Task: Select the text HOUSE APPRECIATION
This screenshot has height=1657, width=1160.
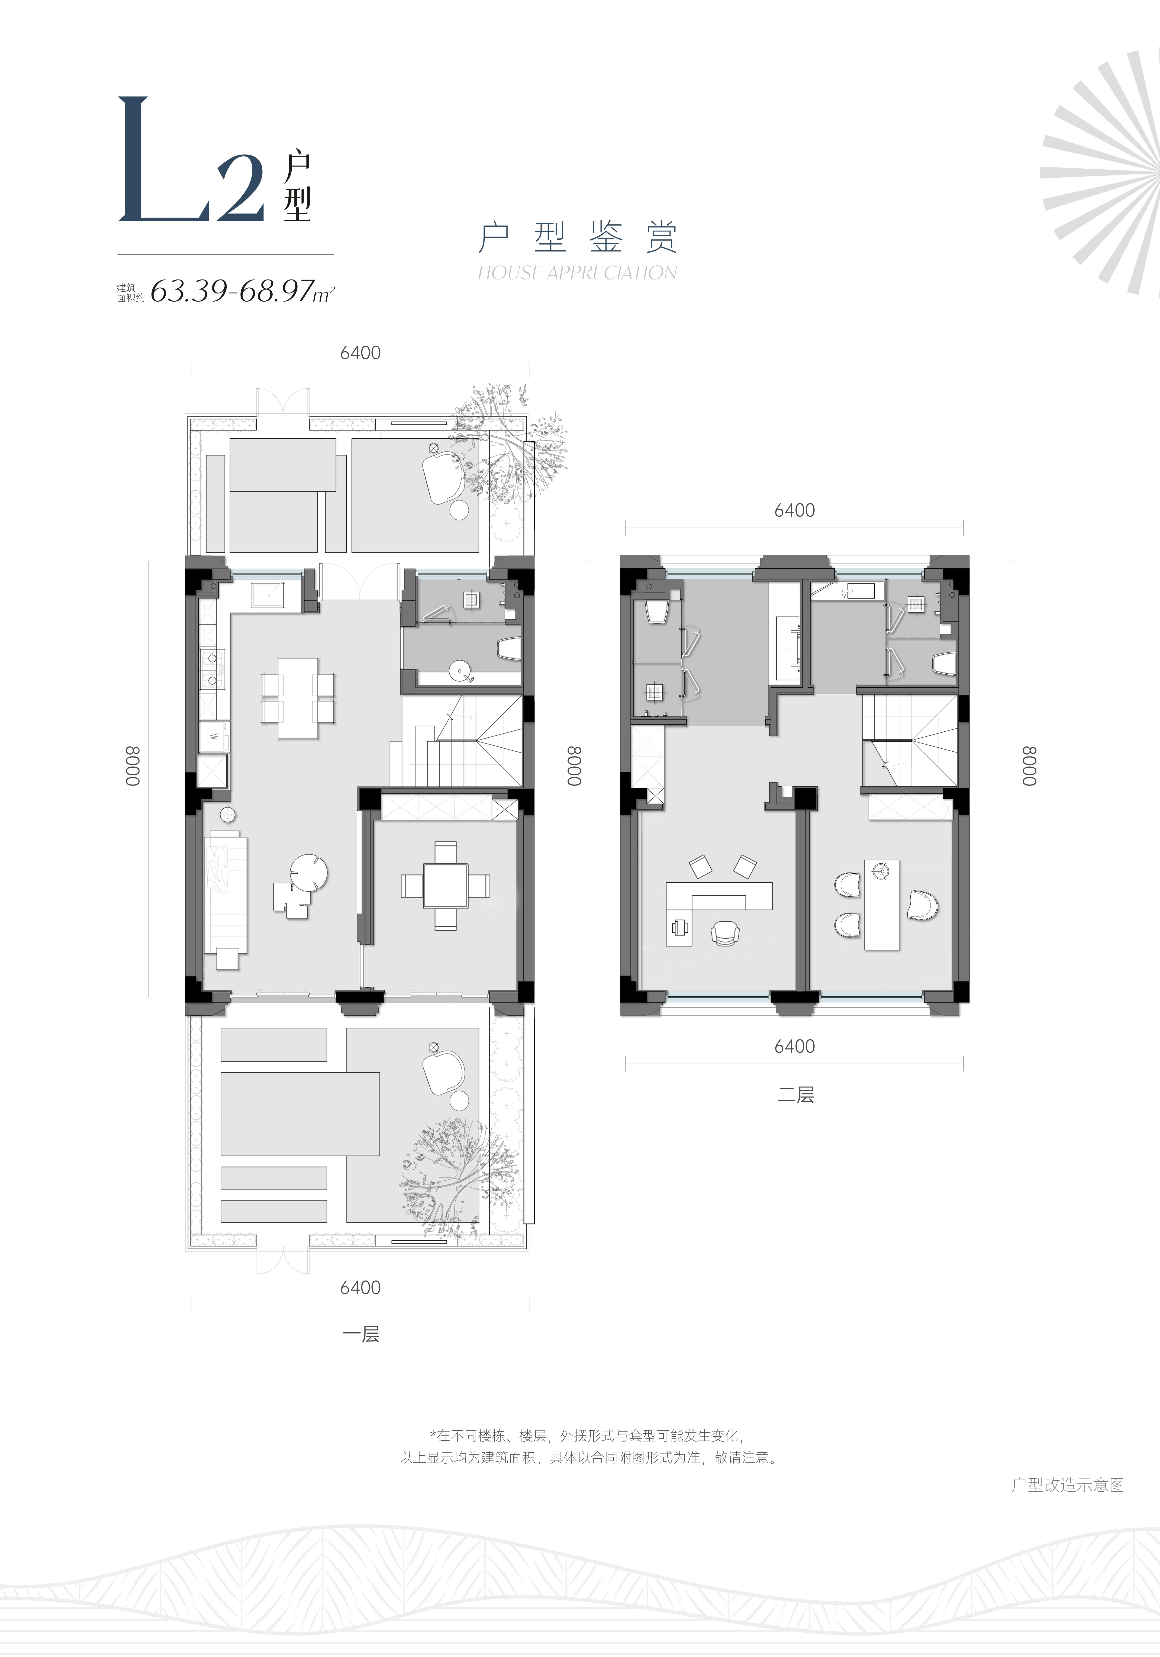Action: click(x=577, y=273)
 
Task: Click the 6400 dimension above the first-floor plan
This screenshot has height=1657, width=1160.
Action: click(x=360, y=353)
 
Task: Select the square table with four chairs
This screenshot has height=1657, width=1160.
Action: click(x=445, y=885)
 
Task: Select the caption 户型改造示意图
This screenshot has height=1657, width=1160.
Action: click(x=1068, y=1484)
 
